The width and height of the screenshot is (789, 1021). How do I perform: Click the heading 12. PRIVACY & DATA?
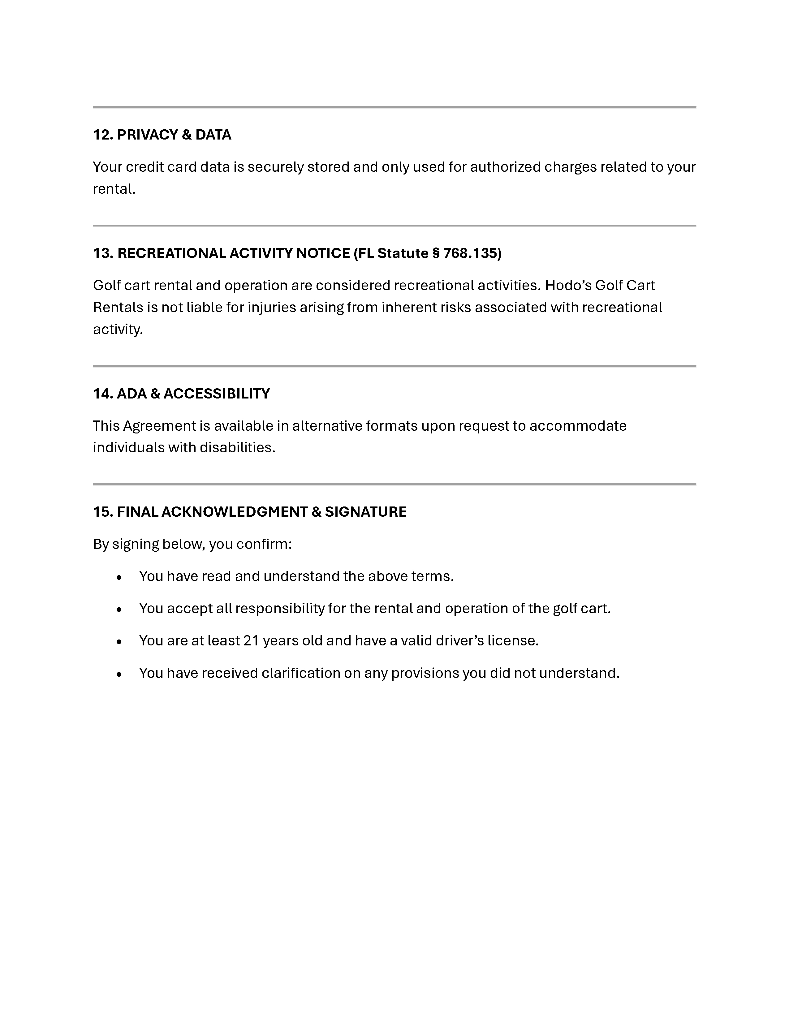point(162,135)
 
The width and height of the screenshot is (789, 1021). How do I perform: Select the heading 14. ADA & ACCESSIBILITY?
point(181,394)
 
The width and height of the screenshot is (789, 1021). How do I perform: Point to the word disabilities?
point(237,447)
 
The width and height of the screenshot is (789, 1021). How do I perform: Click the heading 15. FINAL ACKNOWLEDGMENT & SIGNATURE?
point(250,511)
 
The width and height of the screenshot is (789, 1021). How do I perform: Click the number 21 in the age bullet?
point(251,640)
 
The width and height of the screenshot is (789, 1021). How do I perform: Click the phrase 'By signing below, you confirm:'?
point(192,544)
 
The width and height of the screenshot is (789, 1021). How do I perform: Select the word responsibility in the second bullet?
point(279,608)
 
